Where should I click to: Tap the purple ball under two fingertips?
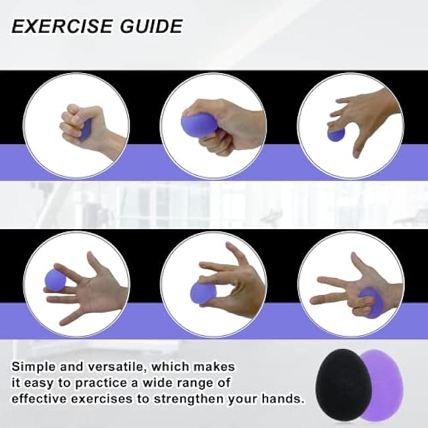coord(336,134)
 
